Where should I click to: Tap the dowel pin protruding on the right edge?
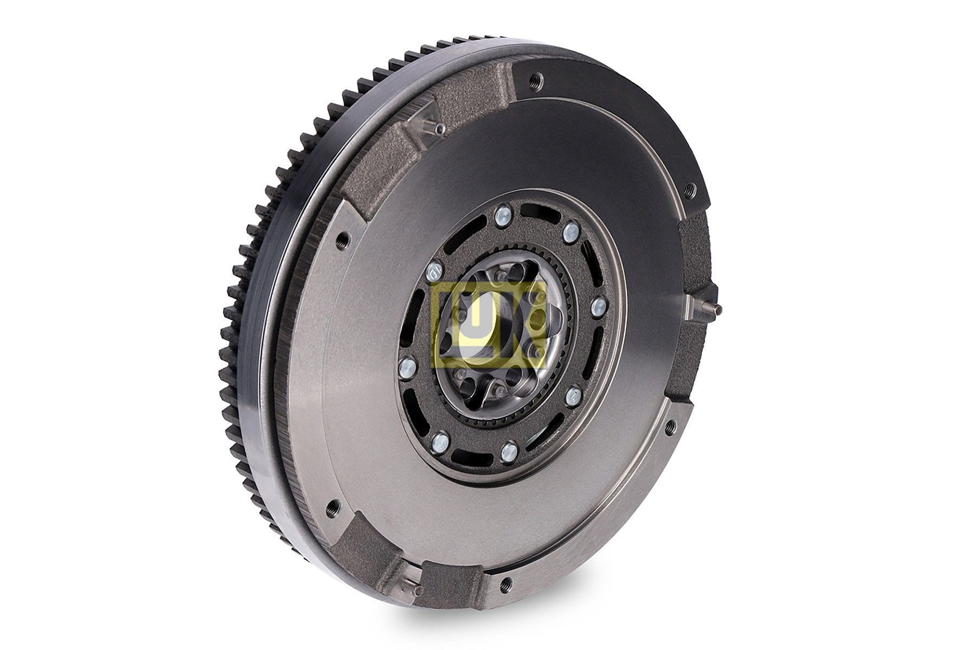pyautogui.click(x=716, y=309)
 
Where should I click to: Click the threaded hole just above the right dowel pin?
pyautogui.click(x=689, y=189)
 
